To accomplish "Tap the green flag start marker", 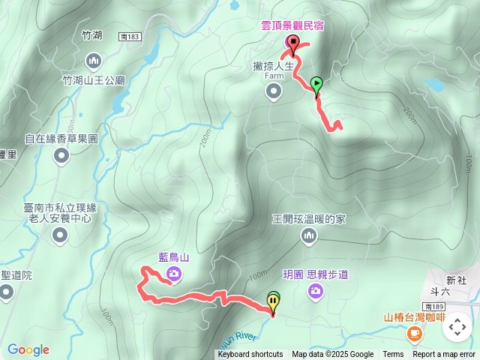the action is (x=316, y=83).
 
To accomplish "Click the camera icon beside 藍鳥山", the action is (x=174, y=275).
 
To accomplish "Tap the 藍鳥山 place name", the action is (x=174, y=257).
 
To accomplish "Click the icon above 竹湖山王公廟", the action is (x=93, y=59).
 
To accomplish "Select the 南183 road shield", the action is (x=129, y=34).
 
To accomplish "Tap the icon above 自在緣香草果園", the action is (x=61, y=156).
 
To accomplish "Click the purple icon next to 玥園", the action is (x=315, y=291).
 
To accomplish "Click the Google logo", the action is (x=28, y=349).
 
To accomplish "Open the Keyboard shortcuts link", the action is (x=250, y=355).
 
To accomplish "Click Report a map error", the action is (x=444, y=355).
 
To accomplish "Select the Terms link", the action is (x=393, y=355).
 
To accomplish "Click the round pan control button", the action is (x=456, y=326).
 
